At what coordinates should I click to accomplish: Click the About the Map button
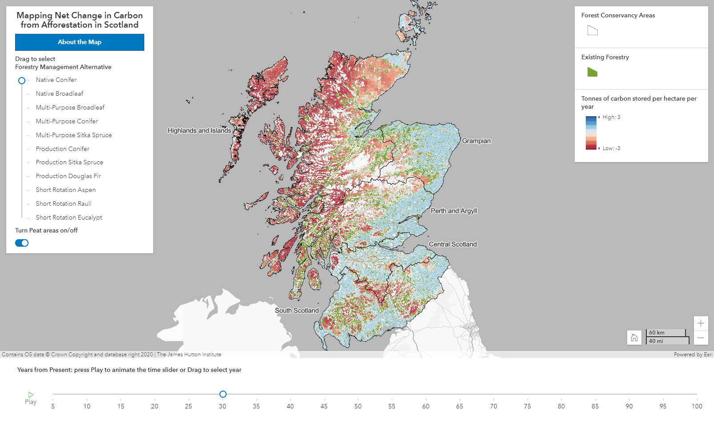(80, 42)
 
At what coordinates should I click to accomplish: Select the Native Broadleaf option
(59, 94)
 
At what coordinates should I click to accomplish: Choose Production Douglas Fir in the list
(68, 176)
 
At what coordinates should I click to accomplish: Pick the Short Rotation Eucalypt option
(69, 217)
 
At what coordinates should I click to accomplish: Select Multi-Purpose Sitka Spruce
(73, 135)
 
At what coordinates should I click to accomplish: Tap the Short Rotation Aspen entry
(65, 190)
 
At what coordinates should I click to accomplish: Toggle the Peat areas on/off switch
(22, 243)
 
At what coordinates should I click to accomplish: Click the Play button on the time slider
(31, 397)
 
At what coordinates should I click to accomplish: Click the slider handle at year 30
(223, 394)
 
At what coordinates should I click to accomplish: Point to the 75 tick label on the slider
(527, 406)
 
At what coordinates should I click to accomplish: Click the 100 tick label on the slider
(697, 406)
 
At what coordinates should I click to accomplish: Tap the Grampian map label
(476, 141)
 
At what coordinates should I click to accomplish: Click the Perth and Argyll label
(454, 211)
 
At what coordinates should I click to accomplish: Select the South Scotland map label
(296, 310)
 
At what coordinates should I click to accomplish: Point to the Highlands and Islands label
(199, 130)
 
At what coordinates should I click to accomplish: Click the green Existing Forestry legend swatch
(592, 72)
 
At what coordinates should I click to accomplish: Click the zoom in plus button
(701, 323)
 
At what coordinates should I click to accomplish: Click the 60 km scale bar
(665, 333)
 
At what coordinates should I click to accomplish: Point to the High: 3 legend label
(611, 117)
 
